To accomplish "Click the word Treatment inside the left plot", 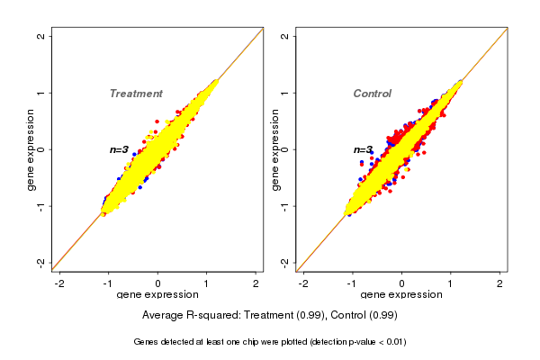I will click(136, 94).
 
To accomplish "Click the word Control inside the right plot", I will click(372, 94).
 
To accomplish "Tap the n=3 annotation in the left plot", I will click(120, 149).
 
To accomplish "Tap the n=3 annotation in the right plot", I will click(363, 150).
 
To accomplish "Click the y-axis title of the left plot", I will click(31, 149).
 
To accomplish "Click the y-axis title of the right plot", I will click(274, 149).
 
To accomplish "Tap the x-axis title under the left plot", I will click(158, 295).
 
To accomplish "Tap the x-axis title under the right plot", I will click(401, 295).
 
